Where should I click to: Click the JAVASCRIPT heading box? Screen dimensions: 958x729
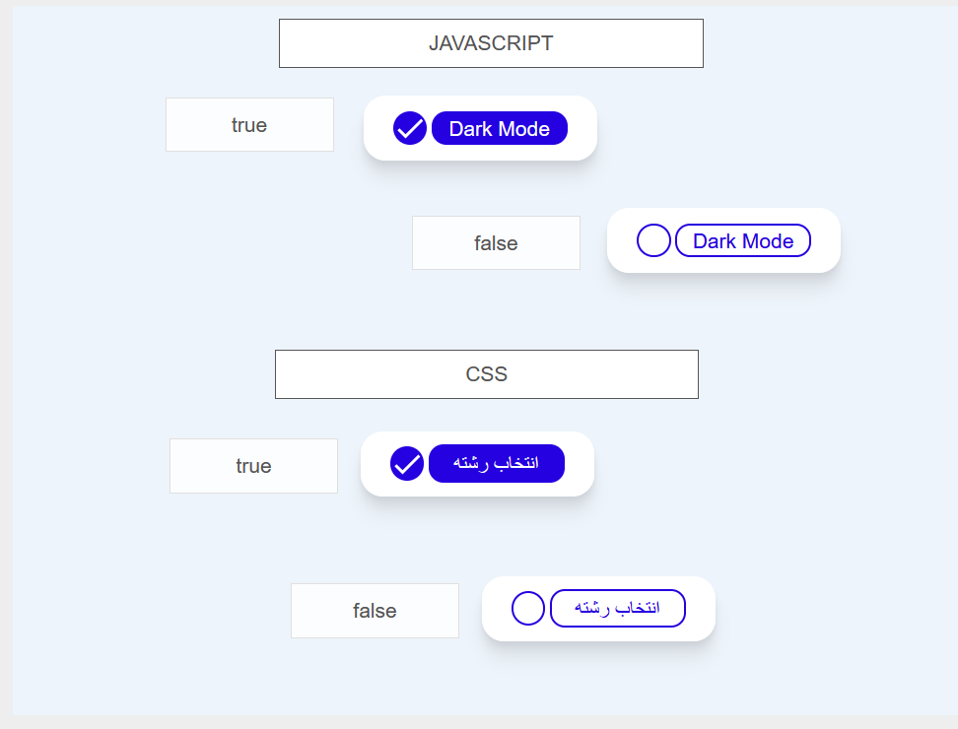[491, 43]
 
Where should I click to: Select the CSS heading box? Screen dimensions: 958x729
[487, 374]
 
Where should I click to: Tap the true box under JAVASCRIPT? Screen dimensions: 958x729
[250, 124]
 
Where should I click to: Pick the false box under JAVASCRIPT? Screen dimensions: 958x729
[496, 243]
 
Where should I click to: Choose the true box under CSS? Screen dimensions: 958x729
[253, 466]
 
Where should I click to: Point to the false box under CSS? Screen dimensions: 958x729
[376, 611]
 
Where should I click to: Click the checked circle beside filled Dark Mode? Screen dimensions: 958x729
[410, 128]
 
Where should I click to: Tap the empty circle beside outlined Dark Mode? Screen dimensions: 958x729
[653, 240]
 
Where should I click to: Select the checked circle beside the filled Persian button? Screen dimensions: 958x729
[407, 463]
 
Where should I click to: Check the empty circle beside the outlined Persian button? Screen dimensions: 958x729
[528, 608]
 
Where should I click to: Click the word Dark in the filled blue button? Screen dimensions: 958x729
[470, 129]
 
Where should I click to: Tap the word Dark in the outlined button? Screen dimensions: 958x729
[715, 241]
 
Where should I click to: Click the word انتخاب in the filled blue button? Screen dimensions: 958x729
[516, 463]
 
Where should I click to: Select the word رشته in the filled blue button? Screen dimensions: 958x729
[470, 463]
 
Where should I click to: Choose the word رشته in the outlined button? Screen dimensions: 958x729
[591, 608]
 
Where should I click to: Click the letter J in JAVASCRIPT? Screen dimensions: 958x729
[434, 43]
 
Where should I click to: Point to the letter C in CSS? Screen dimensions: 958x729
[473, 374]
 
